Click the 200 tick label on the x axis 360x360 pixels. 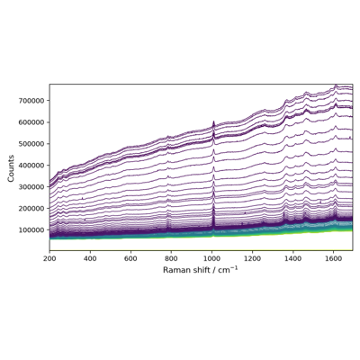coord(49,258)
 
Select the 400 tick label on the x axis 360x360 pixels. coord(90,258)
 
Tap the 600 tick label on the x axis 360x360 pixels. coord(130,258)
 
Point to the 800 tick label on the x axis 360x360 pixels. coord(171,258)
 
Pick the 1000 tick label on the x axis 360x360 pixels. coord(211,258)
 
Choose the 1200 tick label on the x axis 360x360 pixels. coord(252,258)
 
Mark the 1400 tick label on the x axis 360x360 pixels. coord(292,258)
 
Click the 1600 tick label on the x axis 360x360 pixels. coord(333,258)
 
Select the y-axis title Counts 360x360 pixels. coord(11,168)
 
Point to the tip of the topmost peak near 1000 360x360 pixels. coord(213,121)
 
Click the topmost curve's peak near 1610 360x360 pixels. coord(336,85)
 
